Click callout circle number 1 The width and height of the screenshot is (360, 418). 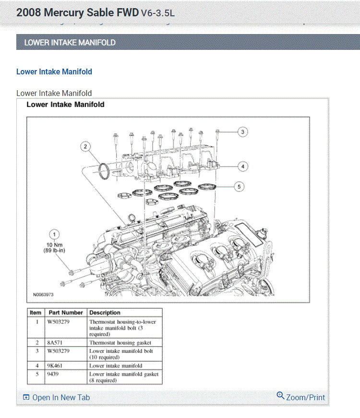click(55, 234)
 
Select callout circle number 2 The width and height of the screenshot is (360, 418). click(85, 146)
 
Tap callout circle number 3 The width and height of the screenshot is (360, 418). click(243, 131)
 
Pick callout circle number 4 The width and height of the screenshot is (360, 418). click(243, 167)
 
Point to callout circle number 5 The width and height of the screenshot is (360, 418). click(239, 187)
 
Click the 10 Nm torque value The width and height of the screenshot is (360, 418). click(55, 245)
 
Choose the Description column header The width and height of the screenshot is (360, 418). click(105, 312)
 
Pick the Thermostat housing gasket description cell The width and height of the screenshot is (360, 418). click(120, 343)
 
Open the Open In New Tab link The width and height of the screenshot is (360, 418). click(56, 397)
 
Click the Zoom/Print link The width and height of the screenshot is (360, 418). click(301, 397)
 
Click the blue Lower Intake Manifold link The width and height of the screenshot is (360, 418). click(54, 72)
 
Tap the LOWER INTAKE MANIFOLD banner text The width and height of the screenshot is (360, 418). click(70, 42)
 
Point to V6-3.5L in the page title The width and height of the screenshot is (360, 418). click(157, 13)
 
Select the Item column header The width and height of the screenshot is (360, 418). click(36, 312)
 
